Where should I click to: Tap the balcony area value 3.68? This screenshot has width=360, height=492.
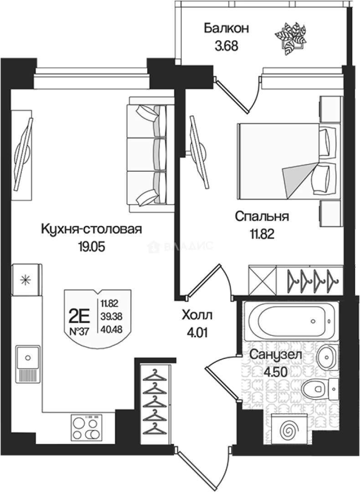(226, 46)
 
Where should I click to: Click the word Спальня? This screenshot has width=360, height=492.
(262, 216)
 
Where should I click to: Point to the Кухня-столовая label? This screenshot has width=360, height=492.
(92, 229)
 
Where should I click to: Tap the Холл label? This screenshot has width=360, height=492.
(197, 315)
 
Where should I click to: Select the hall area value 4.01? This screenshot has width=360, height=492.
(197, 332)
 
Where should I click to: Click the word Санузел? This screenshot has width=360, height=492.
(276, 355)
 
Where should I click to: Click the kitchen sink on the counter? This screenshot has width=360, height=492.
(28, 363)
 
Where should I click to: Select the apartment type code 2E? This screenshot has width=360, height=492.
(79, 314)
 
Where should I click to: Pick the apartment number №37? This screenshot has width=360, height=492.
(78, 332)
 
